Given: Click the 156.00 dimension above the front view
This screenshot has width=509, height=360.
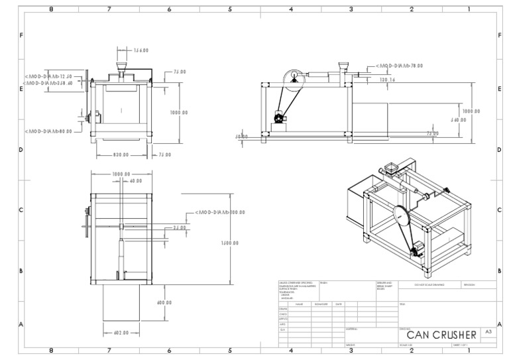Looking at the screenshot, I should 140,50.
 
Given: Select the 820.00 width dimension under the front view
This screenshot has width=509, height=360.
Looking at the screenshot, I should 121,154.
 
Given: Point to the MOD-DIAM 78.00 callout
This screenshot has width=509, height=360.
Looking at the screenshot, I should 399,66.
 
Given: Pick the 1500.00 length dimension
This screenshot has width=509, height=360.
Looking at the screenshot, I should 231,243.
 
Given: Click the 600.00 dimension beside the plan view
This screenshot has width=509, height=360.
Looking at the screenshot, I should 164,302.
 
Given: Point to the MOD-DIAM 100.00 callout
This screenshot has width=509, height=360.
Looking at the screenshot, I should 219,213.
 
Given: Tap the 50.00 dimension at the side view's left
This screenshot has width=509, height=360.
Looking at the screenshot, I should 241,137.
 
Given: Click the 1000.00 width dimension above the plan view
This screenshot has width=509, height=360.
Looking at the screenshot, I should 121,174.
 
